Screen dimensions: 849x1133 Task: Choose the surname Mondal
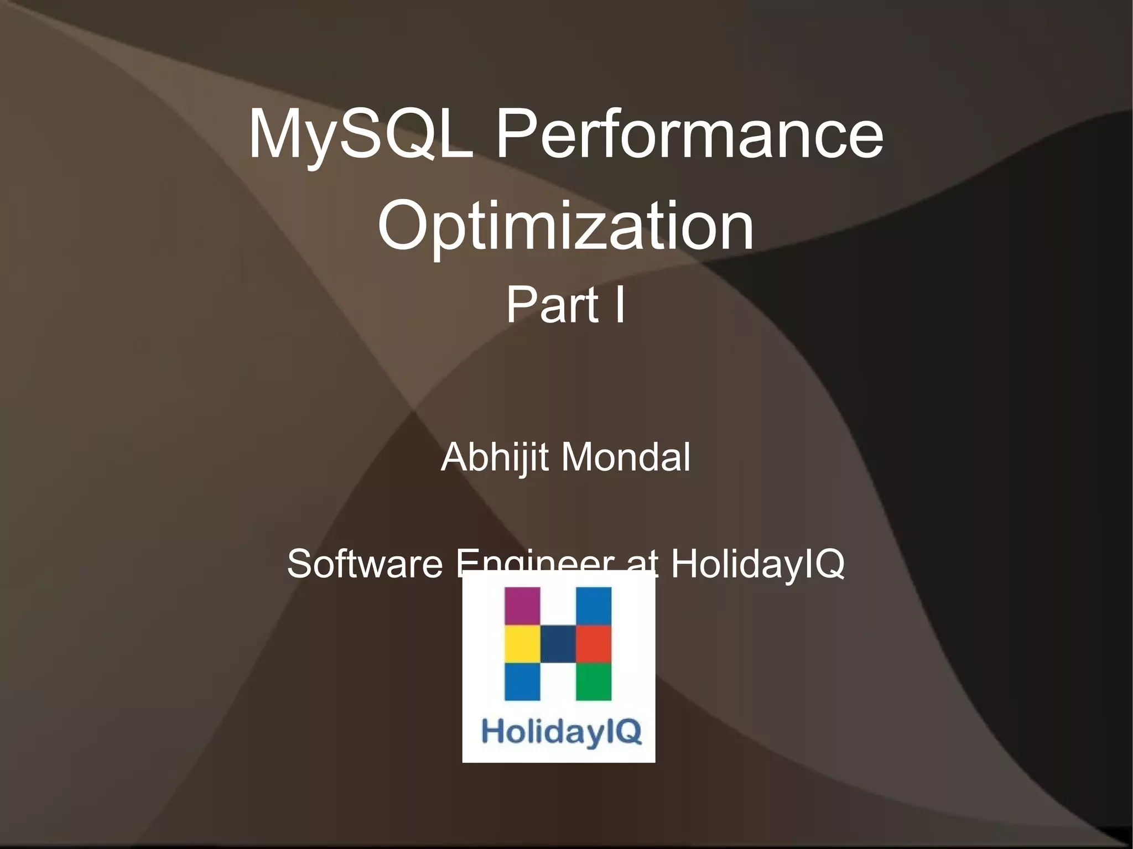pos(626,457)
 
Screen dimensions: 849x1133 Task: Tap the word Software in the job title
pos(365,564)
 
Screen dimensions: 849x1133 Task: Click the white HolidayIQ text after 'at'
pos(757,564)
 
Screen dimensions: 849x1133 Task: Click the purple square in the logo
pos(522,606)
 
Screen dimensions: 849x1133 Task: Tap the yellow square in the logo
pos(522,644)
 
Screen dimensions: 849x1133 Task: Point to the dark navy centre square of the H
pos(558,644)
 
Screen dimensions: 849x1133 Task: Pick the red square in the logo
pos(594,644)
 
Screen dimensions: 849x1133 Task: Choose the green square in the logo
pos(594,681)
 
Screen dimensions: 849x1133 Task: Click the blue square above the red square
pos(594,606)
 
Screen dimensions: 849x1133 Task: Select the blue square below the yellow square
pos(522,681)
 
